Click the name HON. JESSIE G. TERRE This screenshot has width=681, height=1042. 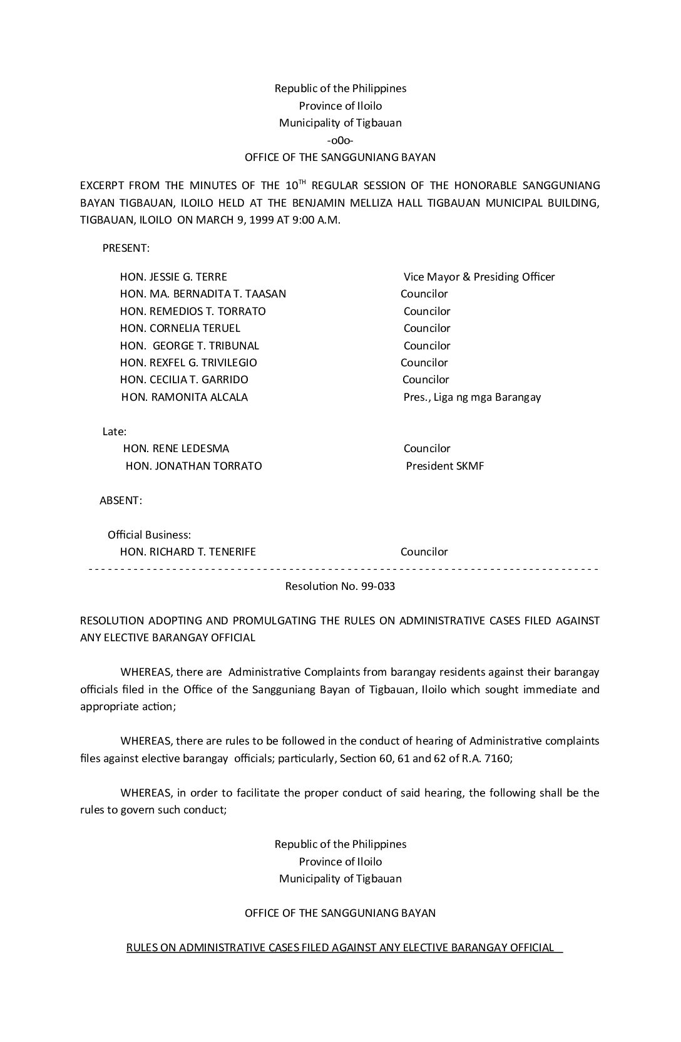point(173,277)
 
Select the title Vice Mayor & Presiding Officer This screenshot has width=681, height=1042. point(479,277)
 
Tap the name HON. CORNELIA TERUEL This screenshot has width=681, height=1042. point(180,328)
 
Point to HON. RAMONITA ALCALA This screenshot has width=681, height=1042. point(185,397)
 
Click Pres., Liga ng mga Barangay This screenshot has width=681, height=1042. point(472,397)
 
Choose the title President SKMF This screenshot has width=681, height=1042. point(444,466)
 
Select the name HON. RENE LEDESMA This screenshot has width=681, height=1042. point(176,448)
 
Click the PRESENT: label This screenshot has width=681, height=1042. point(126,248)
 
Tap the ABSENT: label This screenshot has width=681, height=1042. point(121,500)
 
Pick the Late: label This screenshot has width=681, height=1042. point(115,431)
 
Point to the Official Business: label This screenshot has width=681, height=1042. point(149,535)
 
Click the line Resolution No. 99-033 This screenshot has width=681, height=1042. point(340,587)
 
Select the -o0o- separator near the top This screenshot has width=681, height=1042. point(340,140)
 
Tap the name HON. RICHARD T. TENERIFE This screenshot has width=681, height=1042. point(188,552)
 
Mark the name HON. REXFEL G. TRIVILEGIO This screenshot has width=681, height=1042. point(188,363)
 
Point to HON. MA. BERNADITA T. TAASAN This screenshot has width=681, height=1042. point(203,294)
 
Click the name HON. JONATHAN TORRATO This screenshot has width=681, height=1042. point(193,466)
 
